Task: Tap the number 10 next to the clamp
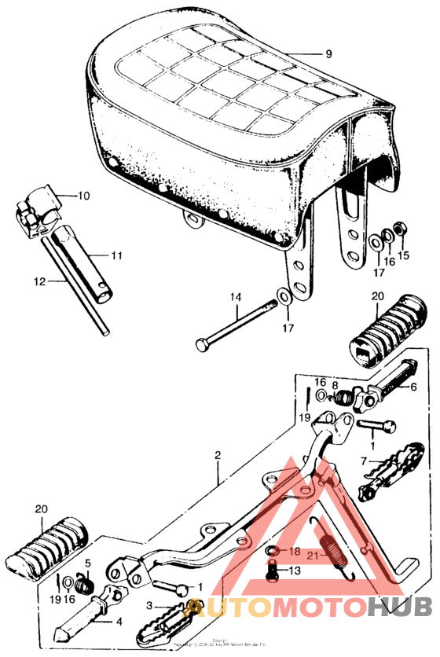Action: tap(84, 195)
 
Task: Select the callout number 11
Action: tap(116, 255)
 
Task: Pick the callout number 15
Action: tap(405, 256)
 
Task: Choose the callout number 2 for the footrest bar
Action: tap(218, 455)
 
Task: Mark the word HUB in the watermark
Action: tap(399, 607)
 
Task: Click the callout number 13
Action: tap(294, 571)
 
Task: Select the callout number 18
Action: tap(294, 551)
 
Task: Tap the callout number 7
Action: tap(364, 461)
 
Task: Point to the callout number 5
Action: tap(88, 563)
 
